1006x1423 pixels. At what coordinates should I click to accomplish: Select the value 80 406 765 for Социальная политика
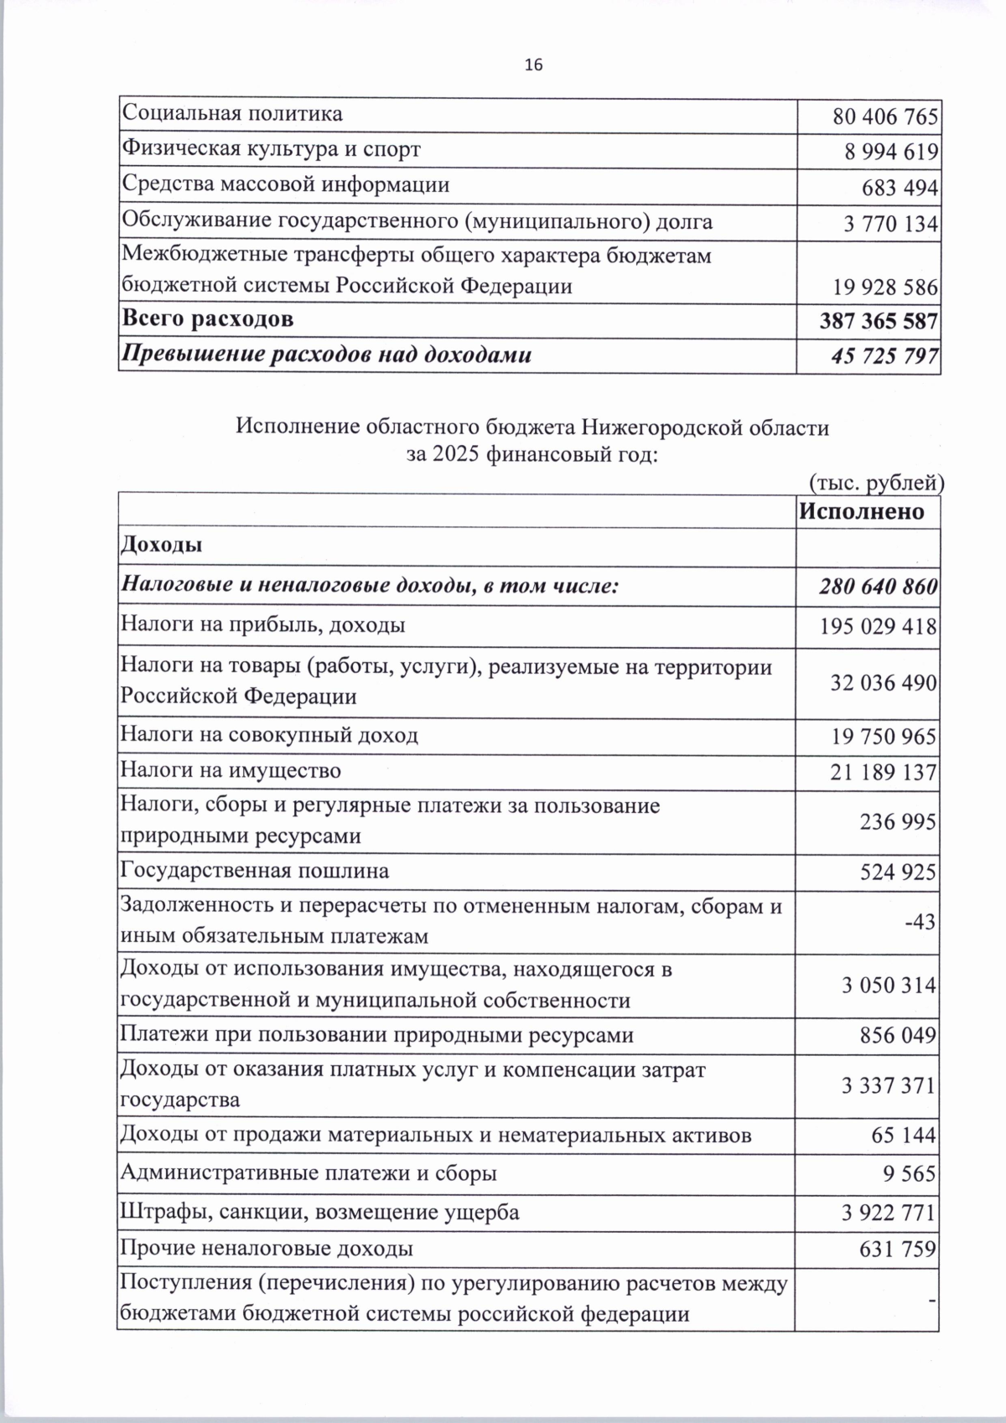885,116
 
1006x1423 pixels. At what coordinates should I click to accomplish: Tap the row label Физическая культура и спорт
272,149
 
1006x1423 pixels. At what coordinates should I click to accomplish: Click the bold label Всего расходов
209,319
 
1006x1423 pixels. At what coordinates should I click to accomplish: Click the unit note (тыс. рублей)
876,482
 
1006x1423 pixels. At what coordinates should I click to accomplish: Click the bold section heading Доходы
162,546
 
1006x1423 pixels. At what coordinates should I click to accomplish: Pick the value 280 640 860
879,587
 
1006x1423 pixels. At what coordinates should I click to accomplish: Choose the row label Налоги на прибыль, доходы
263,625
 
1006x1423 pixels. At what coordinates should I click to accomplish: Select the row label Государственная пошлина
255,871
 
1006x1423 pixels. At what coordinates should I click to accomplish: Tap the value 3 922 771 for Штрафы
889,1213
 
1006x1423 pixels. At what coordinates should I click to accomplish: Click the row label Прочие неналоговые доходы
267,1249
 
